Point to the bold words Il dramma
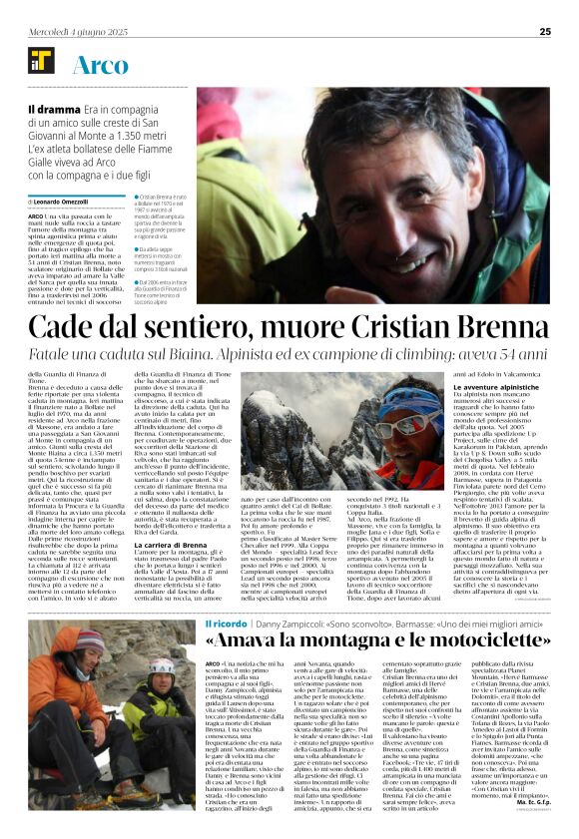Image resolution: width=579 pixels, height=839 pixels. (x=51, y=109)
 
